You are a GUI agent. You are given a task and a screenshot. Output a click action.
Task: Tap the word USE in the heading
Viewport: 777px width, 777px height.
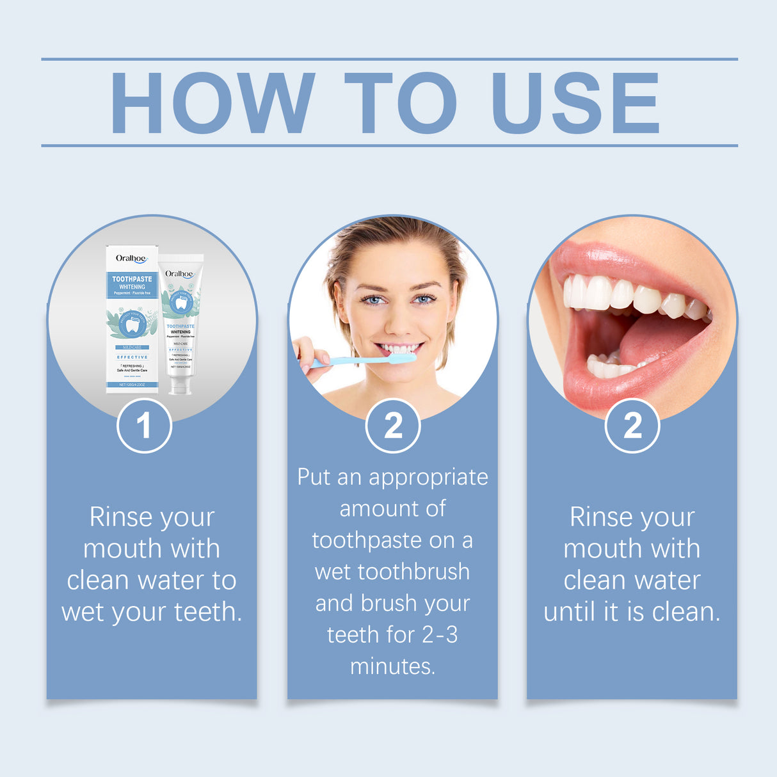click(575, 102)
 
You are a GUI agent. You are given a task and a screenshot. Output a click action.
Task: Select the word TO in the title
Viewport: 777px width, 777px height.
click(401, 102)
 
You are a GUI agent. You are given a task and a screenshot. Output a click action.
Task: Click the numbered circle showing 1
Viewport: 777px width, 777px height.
click(144, 426)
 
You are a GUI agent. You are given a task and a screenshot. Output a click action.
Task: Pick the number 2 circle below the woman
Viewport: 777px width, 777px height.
click(392, 426)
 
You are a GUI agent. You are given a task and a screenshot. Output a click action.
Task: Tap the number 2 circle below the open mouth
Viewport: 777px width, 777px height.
click(632, 426)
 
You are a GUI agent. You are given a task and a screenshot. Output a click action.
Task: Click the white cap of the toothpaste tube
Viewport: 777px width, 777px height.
click(179, 385)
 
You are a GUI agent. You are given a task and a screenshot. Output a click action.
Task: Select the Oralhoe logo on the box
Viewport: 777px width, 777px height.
click(131, 259)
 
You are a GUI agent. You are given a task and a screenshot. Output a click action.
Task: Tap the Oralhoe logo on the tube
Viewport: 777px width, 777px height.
click(179, 274)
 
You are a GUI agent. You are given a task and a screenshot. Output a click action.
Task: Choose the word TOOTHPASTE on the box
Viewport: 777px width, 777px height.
click(132, 279)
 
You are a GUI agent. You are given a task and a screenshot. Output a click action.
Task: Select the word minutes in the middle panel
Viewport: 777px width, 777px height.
click(392, 666)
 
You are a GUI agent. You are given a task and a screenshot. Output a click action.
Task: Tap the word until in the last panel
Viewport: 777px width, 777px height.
click(571, 612)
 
